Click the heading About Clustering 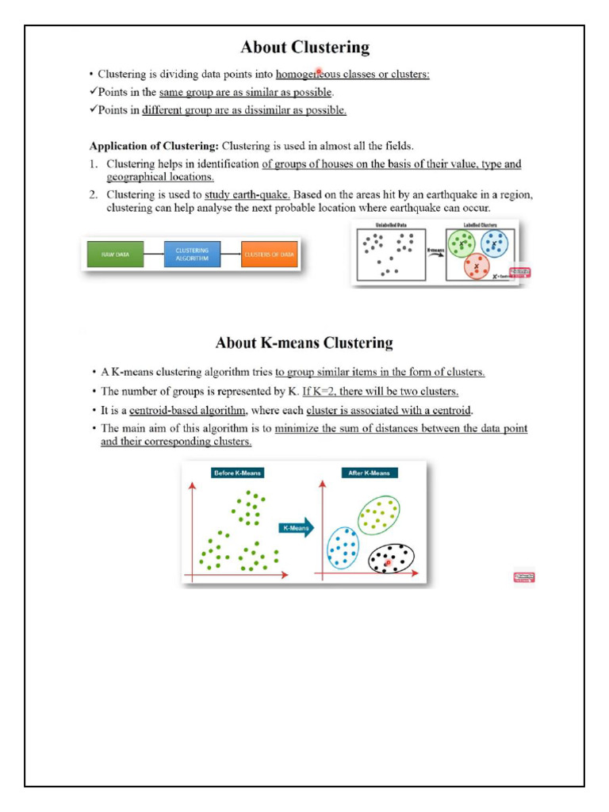(304, 48)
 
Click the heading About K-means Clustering (304, 343)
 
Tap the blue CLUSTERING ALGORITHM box (192, 255)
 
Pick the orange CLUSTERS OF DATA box (269, 255)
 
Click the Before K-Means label (237, 473)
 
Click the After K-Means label (370, 473)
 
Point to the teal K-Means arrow (296, 528)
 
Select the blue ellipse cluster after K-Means (343, 548)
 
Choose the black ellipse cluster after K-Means (392, 559)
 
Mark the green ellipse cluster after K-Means (378, 516)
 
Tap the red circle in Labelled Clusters (477, 266)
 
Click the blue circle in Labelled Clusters (495, 244)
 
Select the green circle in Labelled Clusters (462, 244)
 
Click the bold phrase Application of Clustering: (154, 146)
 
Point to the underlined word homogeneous (308, 75)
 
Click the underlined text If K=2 (319, 392)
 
